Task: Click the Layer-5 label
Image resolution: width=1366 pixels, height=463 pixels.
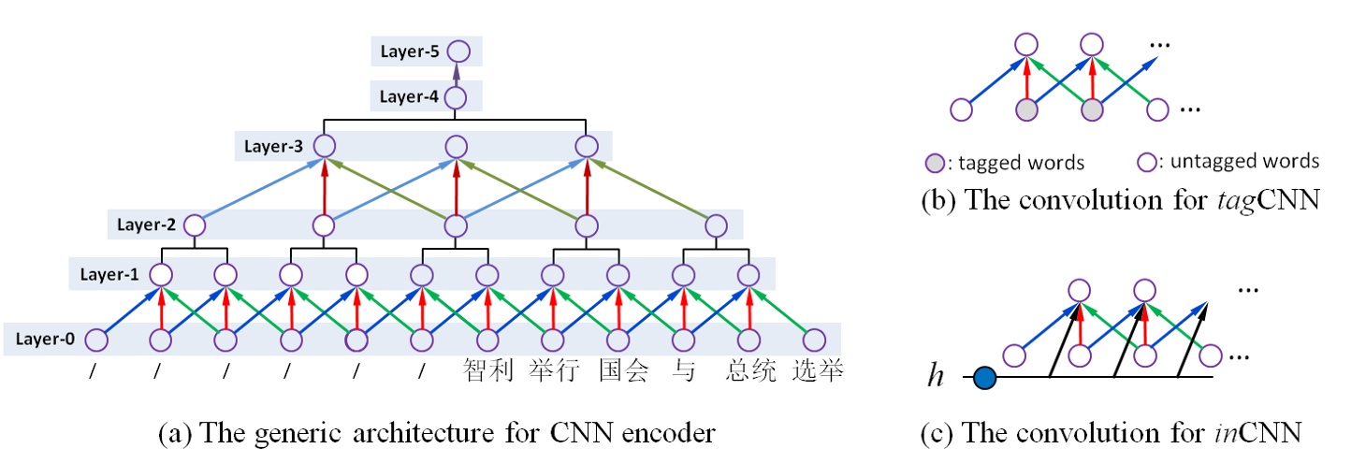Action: (408, 51)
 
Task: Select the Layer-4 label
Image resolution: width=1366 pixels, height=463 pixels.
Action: (408, 95)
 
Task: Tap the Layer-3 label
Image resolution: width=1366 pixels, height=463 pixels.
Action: (273, 146)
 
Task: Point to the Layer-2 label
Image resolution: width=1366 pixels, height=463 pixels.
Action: (145, 225)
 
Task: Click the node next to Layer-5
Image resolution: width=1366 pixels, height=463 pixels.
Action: (457, 51)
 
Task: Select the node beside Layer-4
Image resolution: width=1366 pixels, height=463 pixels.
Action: (456, 96)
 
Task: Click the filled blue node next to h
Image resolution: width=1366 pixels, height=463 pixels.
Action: (984, 378)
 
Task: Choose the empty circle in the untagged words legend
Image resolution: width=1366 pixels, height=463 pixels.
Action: (1144, 161)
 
